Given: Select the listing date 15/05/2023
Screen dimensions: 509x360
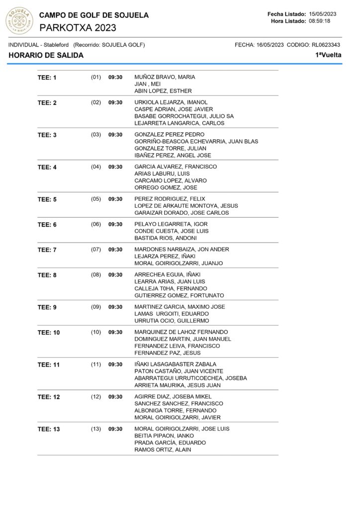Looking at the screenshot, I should (323, 13).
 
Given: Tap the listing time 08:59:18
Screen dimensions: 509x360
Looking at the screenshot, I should (319, 21).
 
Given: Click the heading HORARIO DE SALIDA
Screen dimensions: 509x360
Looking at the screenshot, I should (46, 55).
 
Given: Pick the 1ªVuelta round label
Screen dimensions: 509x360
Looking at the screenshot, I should (328, 55).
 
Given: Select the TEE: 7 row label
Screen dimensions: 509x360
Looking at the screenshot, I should (47, 250).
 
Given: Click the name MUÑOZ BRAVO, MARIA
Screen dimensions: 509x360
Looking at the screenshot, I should (165, 77).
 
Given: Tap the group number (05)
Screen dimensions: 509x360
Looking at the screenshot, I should (96, 199).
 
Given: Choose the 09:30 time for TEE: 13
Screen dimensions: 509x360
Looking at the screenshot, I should (115, 429).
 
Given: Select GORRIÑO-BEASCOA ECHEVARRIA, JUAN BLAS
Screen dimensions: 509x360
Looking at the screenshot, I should (196, 142).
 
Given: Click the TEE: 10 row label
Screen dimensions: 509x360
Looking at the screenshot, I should (49, 333).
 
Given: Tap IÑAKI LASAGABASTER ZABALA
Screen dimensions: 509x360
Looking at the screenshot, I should (175, 364).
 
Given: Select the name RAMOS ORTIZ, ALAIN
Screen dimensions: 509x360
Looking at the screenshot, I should (163, 450).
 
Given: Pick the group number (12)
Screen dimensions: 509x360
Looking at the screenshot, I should (96, 397).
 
